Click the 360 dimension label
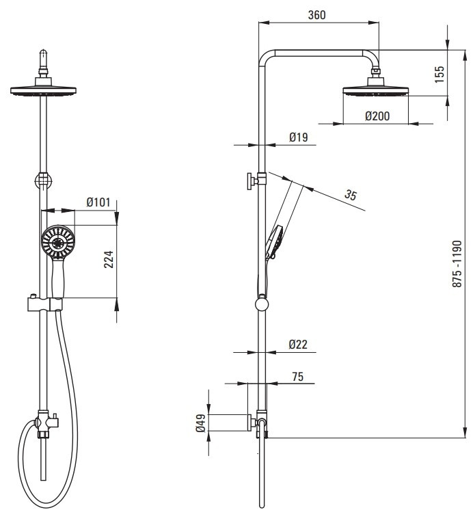pyautogui.click(x=316, y=15)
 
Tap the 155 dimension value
pyautogui.click(x=439, y=75)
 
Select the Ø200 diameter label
pyautogui.click(x=377, y=116)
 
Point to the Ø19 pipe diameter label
pyautogui.click(x=298, y=137)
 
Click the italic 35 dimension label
pyautogui.click(x=351, y=195)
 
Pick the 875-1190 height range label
pyautogui.click(x=457, y=264)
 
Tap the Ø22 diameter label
pyautogui.click(x=298, y=344)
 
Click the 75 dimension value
pyautogui.click(x=297, y=377)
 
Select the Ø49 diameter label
pyautogui.click(x=201, y=423)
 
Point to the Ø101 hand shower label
pyautogui.click(x=98, y=202)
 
